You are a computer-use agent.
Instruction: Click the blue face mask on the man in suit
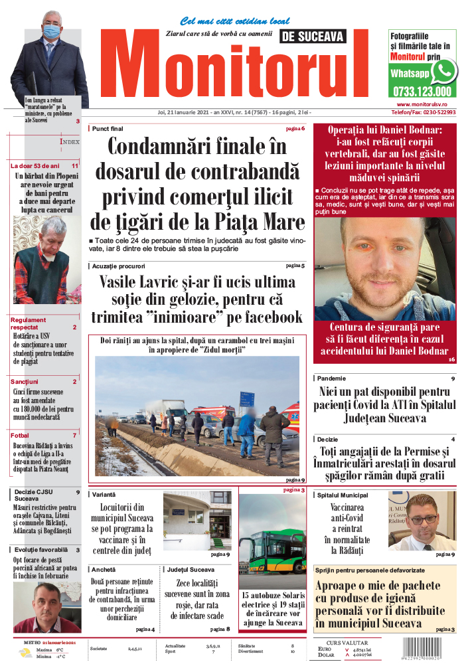click(x=51, y=31)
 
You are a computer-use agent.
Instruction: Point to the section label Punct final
click(x=108, y=128)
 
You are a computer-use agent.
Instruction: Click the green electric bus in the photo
click(x=272, y=549)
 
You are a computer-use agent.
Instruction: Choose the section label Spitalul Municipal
click(x=343, y=495)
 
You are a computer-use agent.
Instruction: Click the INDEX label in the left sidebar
click(x=70, y=141)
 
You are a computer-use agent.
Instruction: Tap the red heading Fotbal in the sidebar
click(x=20, y=436)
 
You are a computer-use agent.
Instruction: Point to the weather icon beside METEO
click(x=24, y=653)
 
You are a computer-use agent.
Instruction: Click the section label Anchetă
click(x=104, y=570)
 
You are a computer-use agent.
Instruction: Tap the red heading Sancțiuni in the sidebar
click(x=25, y=382)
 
